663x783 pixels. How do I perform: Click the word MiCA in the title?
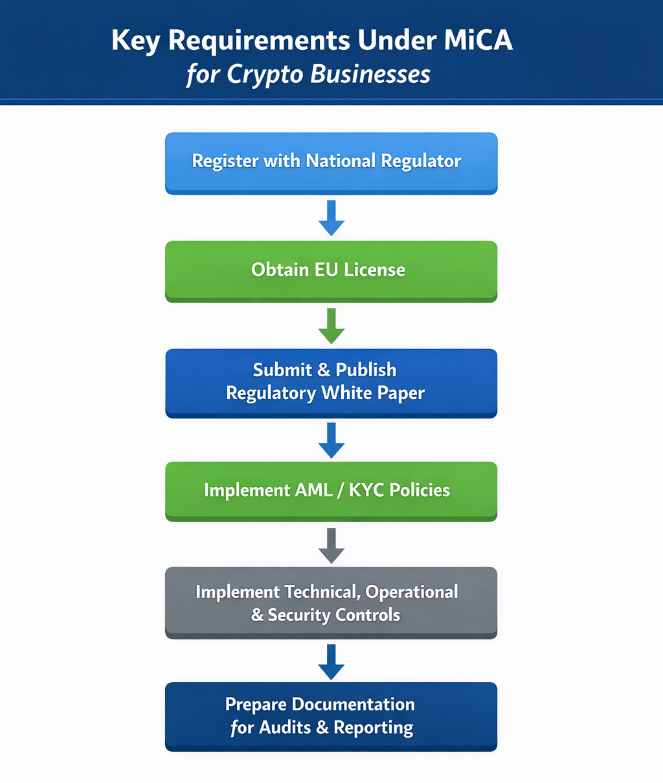coord(478,40)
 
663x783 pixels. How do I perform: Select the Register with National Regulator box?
coord(331,163)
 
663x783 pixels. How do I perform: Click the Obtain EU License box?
coord(331,271)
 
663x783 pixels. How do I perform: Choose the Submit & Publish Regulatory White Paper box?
coord(331,383)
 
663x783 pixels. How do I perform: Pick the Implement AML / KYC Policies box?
coord(331,491)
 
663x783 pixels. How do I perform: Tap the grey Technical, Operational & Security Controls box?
coord(331,603)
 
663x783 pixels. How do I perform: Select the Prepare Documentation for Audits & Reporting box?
coord(331,716)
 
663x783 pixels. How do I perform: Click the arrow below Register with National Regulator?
coord(331,218)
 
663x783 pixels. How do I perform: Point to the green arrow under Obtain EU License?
coord(331,326)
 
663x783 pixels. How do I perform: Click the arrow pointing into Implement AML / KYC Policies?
coord(331,440)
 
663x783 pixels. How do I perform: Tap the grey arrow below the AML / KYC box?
coord(331,546)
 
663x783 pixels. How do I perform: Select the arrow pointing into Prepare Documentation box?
coord(331,662)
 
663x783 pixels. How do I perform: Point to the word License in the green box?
coord(374,269)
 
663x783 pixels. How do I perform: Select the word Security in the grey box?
coord(302,615)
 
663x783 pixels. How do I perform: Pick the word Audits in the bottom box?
coord(285,728)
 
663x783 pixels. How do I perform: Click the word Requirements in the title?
coord(260,41)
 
